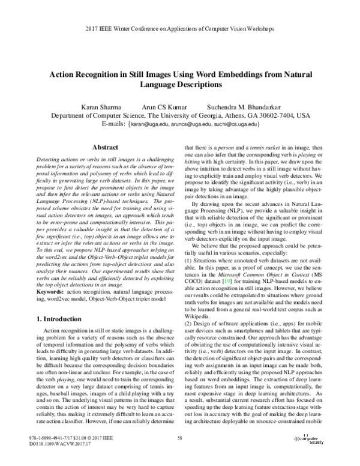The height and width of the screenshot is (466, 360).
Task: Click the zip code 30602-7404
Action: (290, 115)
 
